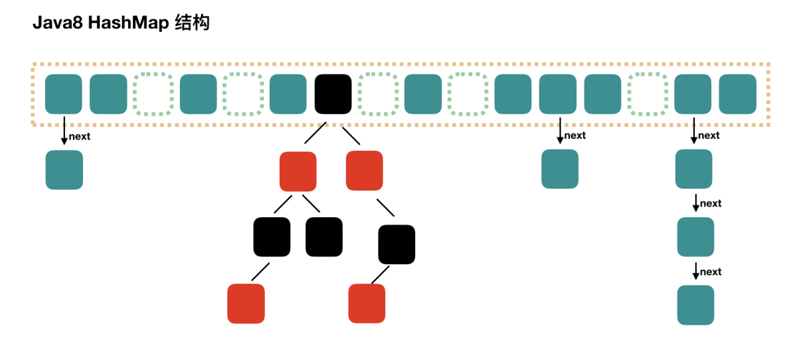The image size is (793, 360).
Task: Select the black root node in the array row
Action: tap(333, 94)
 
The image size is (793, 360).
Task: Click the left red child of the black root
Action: tap(298, 171)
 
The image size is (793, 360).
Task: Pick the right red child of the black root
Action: tap(365, 171)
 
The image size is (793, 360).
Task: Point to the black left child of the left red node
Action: tap(272, 236)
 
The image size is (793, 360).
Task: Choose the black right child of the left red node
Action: tap(324, 236)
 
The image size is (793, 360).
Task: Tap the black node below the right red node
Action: tap(396, 244)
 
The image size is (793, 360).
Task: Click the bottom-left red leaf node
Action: tap(246, 304)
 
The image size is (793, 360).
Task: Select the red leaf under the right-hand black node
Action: tap(367, 304)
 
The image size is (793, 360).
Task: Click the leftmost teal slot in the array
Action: tap(64, 94)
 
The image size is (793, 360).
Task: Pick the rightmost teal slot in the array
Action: tap(738, 94)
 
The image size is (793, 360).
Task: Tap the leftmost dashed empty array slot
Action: tap(153, 94)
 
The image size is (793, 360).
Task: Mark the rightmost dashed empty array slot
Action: tap(648, 94)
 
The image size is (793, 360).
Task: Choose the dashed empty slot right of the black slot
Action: tap(378, 94)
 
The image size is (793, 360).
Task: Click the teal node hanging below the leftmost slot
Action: tap(64, 170)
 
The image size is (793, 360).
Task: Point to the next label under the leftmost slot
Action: tap(79, 137)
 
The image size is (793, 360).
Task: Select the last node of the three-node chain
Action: tap(695, 305)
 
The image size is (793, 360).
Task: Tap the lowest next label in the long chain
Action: tap(711, 272)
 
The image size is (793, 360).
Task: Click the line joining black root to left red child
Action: tap(315, 135)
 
